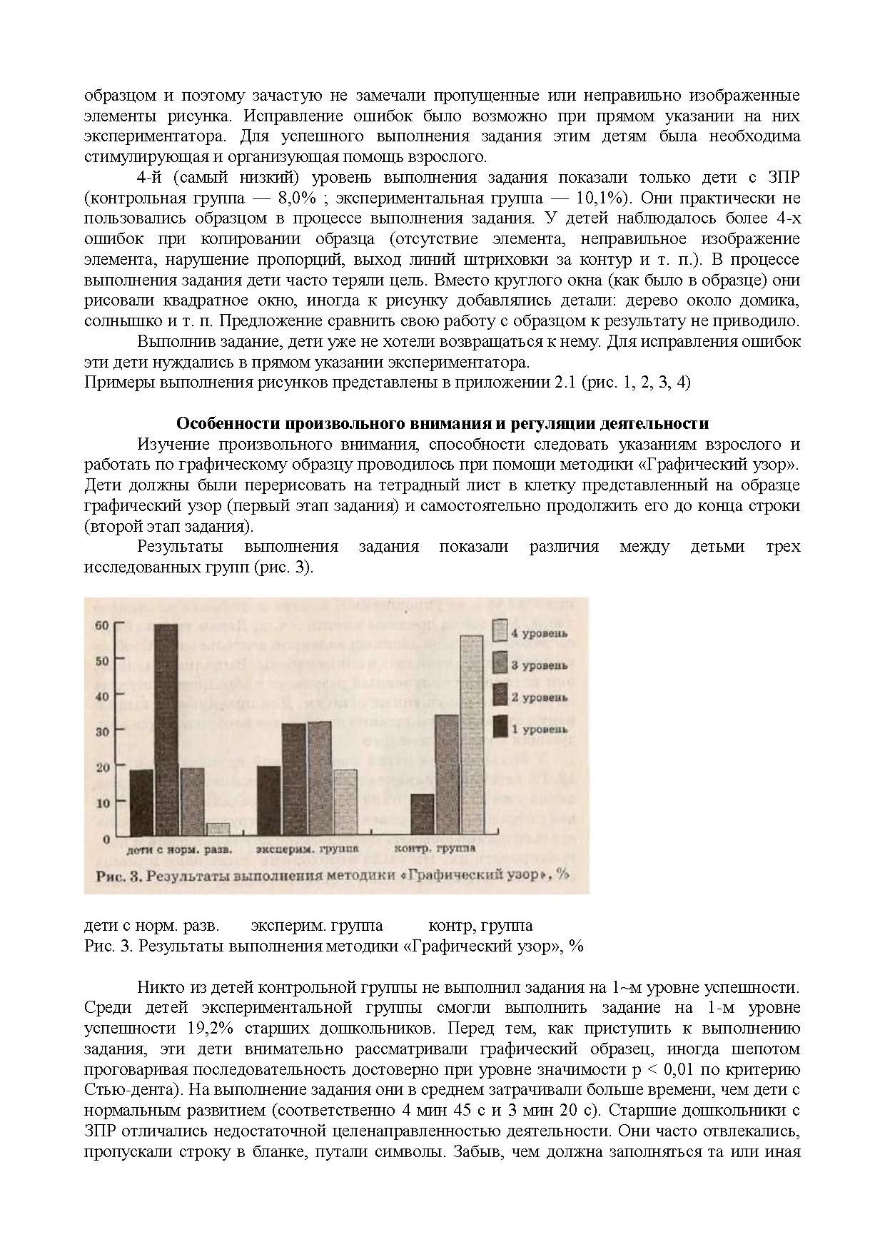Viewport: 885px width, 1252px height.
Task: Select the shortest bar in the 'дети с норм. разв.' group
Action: pos(218,829)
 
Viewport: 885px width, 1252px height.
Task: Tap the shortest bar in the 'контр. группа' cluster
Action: pos(423,814)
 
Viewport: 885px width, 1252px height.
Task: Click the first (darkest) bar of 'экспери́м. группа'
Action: pos(268,800)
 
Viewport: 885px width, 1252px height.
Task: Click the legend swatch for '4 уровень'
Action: pos(500,630)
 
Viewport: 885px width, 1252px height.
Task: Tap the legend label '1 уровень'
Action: pos(539,729)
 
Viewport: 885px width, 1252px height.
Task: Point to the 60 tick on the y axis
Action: pos(101,625)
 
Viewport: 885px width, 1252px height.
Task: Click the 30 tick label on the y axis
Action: pos(101,732)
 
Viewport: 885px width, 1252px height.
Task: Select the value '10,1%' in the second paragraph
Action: pos(720,198)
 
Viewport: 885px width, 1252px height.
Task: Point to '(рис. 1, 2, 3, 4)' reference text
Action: pos(636,382)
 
